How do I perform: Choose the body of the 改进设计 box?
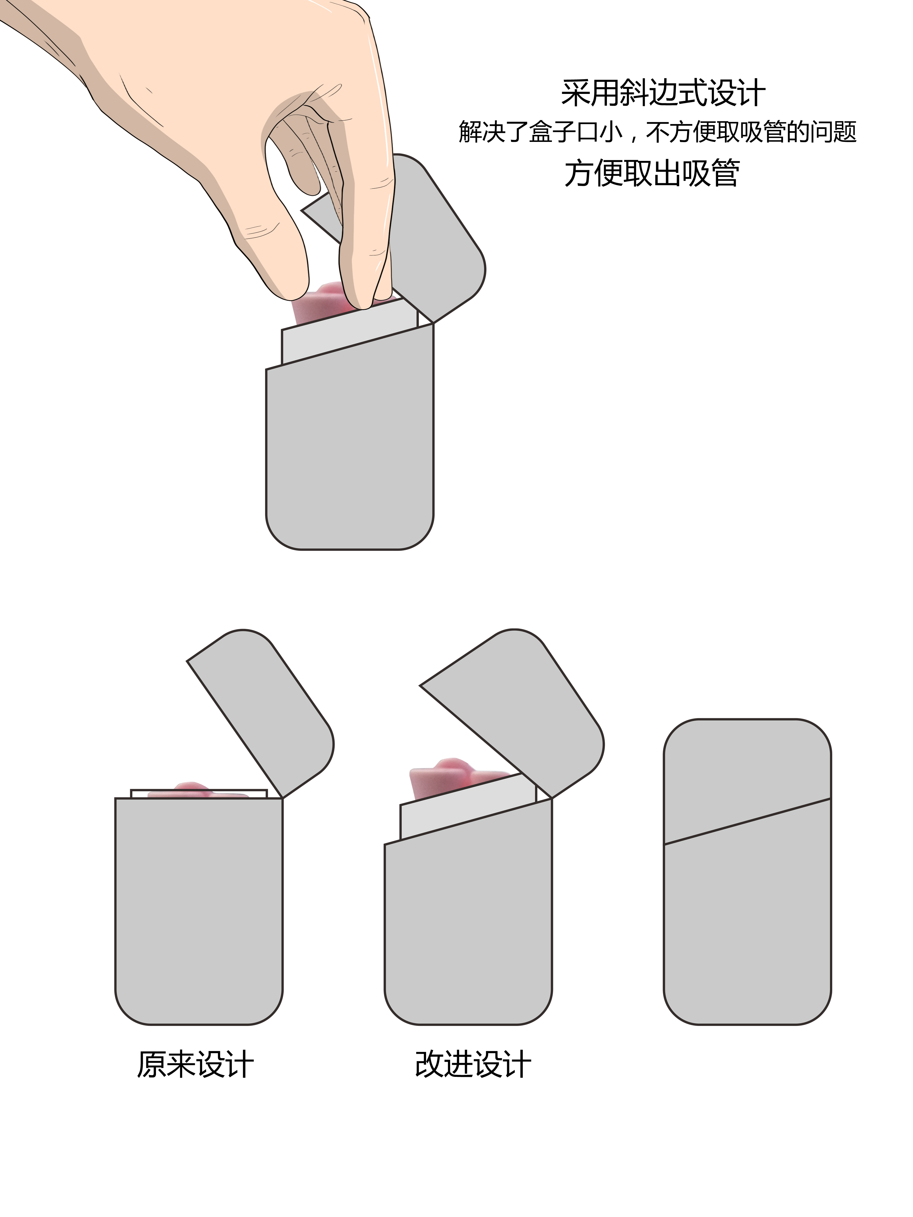[468, 924]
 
